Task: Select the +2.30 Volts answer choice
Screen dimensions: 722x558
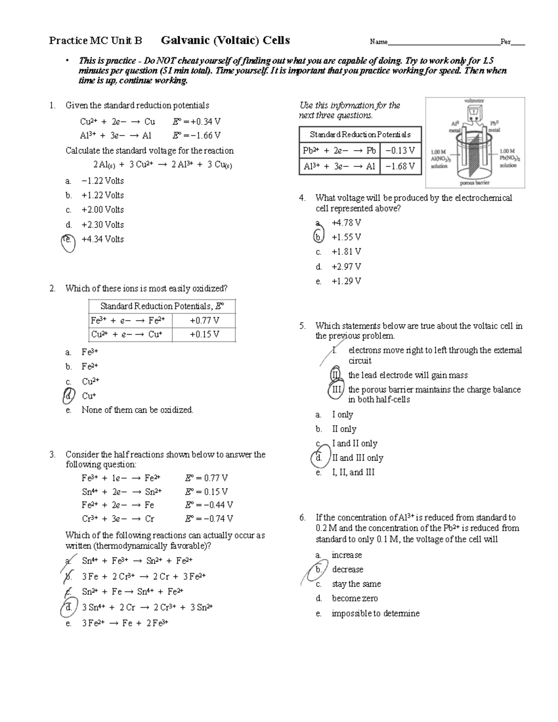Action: pyautogui.click(x=102, y=225)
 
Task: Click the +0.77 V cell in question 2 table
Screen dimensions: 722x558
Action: pyautogui.click(x=204, y=320)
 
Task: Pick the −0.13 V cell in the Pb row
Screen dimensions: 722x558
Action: pyautogui.click(x=400, y=151)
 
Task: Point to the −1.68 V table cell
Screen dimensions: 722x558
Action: pyautogui.click(x=400, y=166)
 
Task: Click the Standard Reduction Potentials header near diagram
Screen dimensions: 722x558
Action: pyautogui.click(x=360, y=134)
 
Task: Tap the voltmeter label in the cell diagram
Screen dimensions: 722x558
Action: pyautogui.click(x=474, y=100)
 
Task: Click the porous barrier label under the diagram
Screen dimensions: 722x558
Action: pyautogui.click(x=474, y=183)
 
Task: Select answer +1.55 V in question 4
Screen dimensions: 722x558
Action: pyautogui.click(x=346, y=237)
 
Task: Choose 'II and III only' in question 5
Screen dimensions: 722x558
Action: pyautogui.click(x=357, y=458)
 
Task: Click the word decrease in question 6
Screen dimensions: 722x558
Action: pyautogui.click(x=347, y=570)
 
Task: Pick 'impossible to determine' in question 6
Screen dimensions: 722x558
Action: pyautogui.click(x=375, y=614)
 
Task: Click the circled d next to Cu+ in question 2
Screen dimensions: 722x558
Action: pyautogui.click(x=68, y=396)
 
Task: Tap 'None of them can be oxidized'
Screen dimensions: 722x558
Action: pyautogui.click(x=137, y=410)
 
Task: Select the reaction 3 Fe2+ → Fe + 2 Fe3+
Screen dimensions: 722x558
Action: pyautogui.click(x=125, y=623)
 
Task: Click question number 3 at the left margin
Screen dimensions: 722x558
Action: pyautogui.click(x=53, y=455)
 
